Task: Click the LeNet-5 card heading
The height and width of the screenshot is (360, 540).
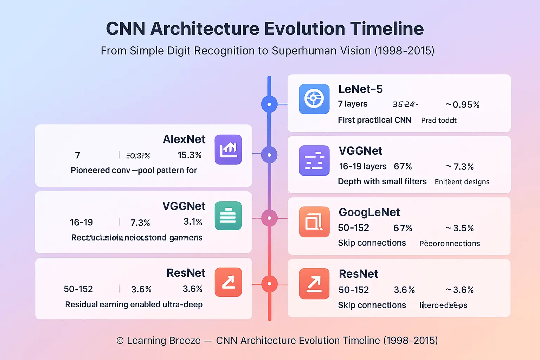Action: (360, 89)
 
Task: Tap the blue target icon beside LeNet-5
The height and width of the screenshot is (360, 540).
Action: (314, 99)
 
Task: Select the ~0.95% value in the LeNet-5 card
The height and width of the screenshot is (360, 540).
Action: (463, 105)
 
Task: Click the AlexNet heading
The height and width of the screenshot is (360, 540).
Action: (184, 140)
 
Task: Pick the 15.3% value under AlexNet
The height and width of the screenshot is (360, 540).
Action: (189, 155)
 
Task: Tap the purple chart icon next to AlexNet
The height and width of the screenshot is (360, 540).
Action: (228, 149)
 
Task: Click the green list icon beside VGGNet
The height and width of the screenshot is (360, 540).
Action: (228, 216)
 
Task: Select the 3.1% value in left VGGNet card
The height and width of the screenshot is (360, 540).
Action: (193, 222)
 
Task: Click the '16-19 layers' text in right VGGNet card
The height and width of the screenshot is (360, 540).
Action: (362, 166)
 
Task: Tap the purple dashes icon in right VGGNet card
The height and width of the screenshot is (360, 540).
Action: (314, 161)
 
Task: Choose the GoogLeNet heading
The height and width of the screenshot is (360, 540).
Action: (369, 212)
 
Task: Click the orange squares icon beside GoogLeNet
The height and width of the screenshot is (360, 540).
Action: (314, 222)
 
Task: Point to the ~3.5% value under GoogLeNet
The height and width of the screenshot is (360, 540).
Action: (460, 228)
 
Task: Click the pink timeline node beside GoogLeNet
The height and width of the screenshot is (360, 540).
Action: (269, 218)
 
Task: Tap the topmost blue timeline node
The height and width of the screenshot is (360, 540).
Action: (269, 104)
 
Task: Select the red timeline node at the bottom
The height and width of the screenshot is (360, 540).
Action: (269, 284)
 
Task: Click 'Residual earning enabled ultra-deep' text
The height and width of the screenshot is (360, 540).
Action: (134, 304)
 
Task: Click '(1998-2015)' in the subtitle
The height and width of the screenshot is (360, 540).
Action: (404, 51)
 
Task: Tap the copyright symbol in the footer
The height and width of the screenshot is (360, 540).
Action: (120, 341)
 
